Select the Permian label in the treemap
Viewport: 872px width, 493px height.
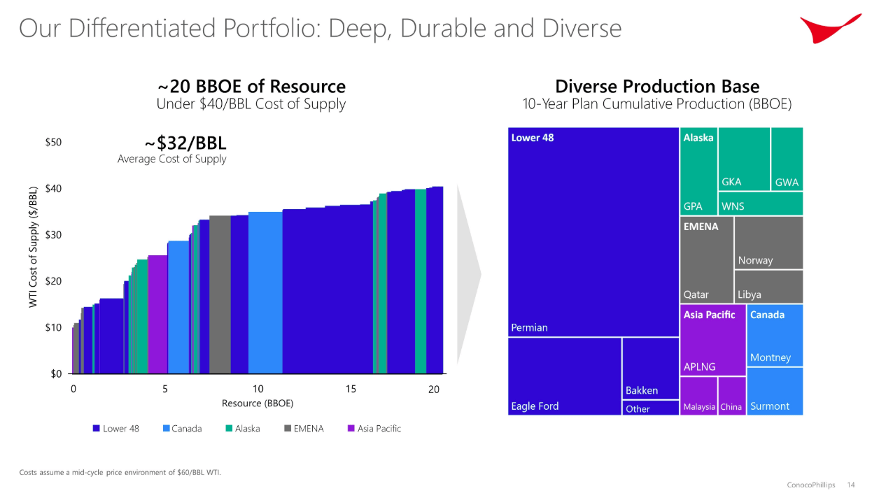tap(529, 327)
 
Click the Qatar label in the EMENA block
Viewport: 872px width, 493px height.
tap(696, 294)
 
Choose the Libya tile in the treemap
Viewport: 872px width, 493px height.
tap(768, 287)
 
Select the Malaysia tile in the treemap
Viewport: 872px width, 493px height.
tap(698, 396)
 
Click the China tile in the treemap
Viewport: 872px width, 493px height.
tap(731, 396)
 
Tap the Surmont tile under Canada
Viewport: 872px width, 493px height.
tap(774, 391)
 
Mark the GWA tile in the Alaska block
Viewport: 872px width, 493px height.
tap(787, 159)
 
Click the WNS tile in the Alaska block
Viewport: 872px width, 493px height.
tap(760, 203)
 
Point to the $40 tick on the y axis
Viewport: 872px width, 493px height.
tap(53, 189)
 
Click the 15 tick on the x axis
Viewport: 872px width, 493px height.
tap(351, 390)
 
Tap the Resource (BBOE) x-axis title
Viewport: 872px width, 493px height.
tap(258, 403)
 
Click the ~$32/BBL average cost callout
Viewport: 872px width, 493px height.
tap(185, 143)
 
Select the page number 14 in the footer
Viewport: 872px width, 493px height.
tap(851, 485)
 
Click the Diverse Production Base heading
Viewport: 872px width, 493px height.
tap(656, 87)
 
